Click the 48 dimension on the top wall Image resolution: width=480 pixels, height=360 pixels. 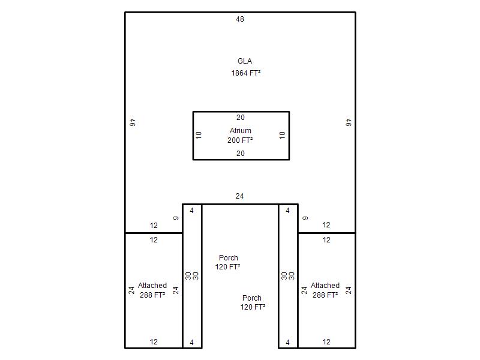click(240, 19)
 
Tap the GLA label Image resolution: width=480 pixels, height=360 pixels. click(245, 61)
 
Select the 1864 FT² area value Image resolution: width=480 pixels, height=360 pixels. click(246, 73)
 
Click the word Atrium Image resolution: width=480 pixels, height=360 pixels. click(241, 131)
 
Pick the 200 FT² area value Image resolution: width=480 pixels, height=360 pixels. click(240, 140)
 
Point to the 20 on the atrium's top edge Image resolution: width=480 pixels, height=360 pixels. click(241, 118)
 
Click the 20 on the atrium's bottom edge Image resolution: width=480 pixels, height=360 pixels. click(241, 154)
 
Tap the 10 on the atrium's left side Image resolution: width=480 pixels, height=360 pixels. click(199, 136)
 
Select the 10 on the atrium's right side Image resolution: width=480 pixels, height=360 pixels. click(282, 136)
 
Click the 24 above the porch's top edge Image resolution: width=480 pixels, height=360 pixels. click(239, 196)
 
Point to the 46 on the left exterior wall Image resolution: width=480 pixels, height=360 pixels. click(132, 123)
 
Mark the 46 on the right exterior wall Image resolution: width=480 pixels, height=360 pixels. click(349, 123)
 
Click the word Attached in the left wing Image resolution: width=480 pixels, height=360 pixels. click(152, 286)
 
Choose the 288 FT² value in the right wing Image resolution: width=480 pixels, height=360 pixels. click(325, 295)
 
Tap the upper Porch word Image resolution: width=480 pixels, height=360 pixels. click(229, 258)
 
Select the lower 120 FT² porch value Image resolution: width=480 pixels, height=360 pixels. click(253, 307)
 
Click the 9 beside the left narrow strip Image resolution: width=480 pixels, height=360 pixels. click(176, 218)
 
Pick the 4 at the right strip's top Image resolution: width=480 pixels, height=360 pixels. click(288, 211)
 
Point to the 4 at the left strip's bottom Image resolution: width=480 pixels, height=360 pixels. click(191, 343)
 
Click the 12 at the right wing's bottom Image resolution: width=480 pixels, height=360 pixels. click(326, 342)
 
